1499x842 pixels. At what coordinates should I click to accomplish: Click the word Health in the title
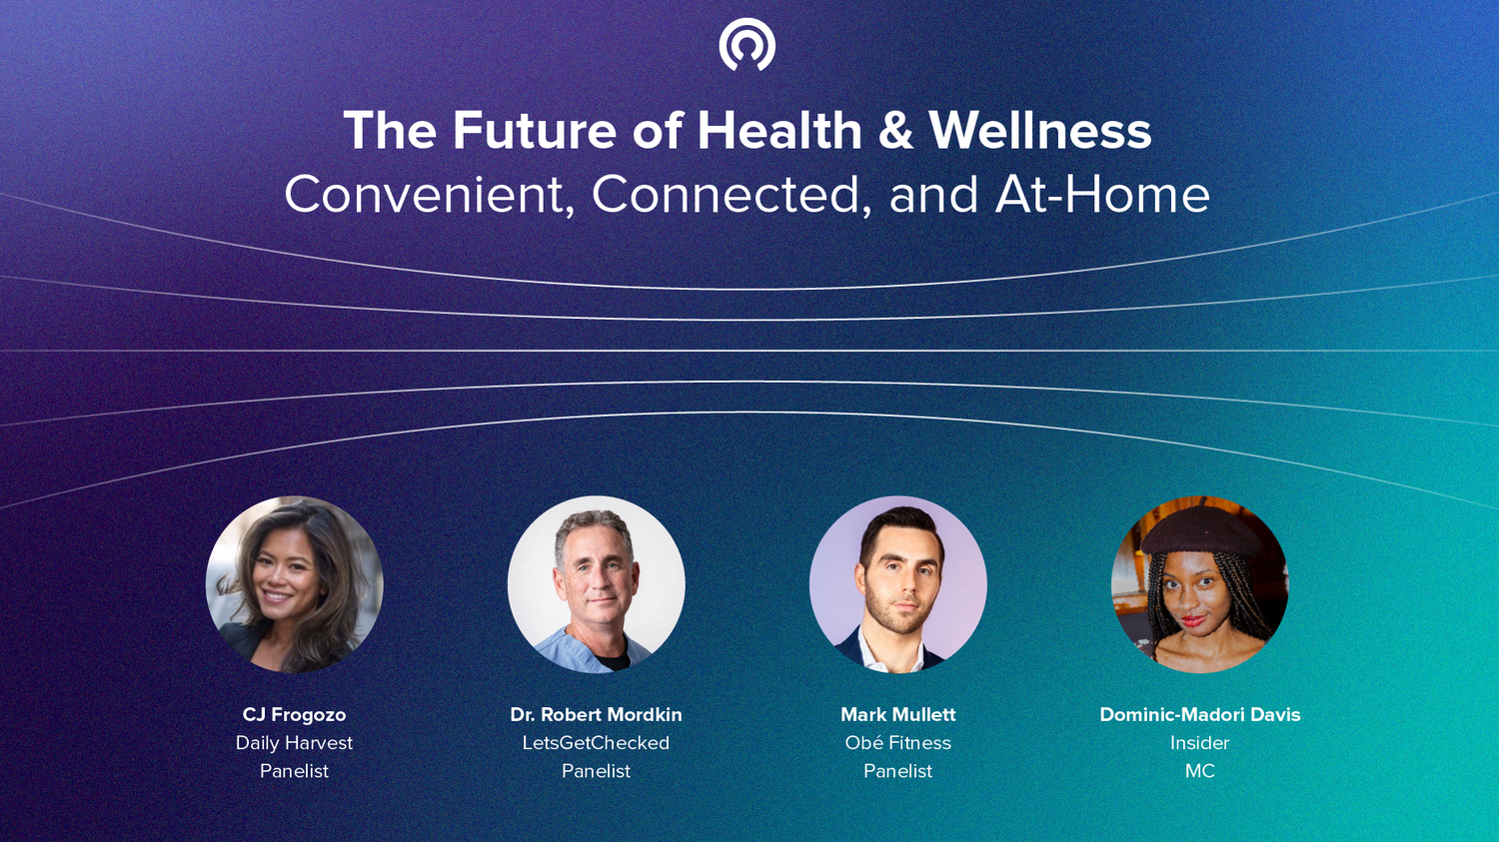(779, 130)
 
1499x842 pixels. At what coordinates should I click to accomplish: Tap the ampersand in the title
(895, 131)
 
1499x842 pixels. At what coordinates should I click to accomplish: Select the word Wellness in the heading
(1040, 130)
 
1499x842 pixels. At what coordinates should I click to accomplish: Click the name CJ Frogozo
(295, 715)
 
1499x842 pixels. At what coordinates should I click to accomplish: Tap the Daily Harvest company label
(295, 743)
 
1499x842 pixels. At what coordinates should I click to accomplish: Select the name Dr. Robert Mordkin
(597, 714)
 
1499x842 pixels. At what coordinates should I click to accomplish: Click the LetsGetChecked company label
(597, 742)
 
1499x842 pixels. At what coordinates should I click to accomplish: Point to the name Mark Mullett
(898, 714)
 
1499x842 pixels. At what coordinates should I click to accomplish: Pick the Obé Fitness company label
(898, 742)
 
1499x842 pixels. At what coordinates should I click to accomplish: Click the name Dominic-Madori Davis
(1200, 714)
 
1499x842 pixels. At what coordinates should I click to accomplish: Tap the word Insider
(1200, 742)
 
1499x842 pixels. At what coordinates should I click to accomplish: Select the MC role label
(1200, 771)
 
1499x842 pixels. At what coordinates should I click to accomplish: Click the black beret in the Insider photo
(1200, 528)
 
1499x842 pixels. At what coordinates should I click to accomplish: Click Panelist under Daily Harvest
(295, 771)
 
